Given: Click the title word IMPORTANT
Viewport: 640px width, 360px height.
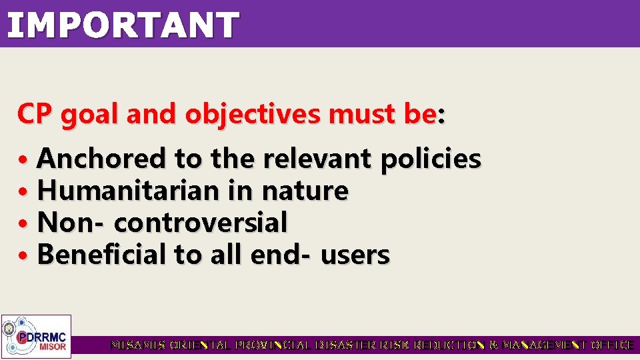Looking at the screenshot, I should (123, 25).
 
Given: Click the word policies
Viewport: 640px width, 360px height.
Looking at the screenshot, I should (430, 159).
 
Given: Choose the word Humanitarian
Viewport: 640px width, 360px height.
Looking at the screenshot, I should (127, 191).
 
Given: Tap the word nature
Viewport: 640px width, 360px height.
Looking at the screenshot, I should (304, 191).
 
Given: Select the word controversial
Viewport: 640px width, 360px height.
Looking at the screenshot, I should (201, 223).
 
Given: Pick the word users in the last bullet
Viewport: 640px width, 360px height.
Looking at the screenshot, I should (355, 255).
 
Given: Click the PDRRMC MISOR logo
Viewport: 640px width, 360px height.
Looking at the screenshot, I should (36, 336).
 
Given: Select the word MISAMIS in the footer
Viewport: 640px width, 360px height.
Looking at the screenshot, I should (137, 345).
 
